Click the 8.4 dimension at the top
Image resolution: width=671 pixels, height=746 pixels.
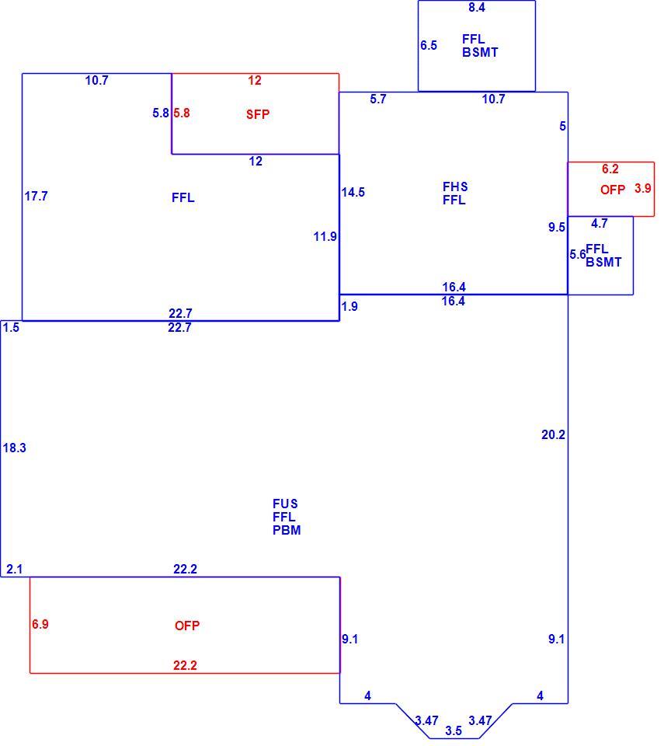[x=477, y=8]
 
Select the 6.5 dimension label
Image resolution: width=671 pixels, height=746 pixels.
[x=429, y=46]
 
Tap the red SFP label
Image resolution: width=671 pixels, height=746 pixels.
[x=258, y=114]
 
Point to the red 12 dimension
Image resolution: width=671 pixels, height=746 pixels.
[x=255, y=80]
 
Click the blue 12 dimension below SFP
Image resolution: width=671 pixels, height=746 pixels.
[x=256, y=162]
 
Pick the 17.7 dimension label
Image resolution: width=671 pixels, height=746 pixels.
[x=37, y=196]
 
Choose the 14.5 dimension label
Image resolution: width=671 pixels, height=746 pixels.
[x=353, y=192]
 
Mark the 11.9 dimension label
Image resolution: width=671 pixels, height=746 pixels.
[x=325, y=236]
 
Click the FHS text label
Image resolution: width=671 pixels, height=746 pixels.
[x=455, y=186]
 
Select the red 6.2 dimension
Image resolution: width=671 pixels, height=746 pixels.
[x=610, y=169]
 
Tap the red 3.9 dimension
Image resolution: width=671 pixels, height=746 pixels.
[x=642, y=188]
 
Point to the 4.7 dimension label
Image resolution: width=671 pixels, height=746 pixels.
[x=600, y=223]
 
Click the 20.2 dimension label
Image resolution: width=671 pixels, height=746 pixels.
[x=553, y=434]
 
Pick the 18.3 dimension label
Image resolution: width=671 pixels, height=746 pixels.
[x=14, y=448]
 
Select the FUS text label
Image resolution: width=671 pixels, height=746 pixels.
[x=285, y=504]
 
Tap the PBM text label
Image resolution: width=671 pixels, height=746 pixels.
[x=287, y=530]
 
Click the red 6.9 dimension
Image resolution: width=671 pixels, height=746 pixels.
[x=40, y=624]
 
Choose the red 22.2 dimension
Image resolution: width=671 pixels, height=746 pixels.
[x=185, y=665]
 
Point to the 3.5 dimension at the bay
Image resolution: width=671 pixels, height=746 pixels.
[x=454, y=730]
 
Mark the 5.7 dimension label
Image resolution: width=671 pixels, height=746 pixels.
[x=378, y=99]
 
